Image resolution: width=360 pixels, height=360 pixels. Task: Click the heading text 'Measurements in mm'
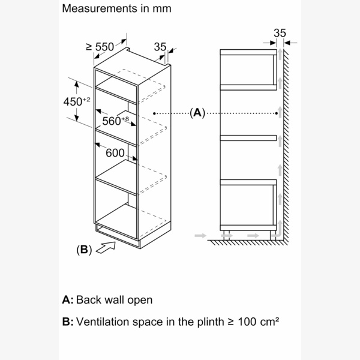point(116,9)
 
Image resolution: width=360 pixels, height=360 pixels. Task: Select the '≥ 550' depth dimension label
point(100,46)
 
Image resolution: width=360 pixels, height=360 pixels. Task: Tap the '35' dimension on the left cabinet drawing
point(160,46)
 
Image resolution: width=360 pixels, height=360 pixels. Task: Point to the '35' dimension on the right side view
point(280,34)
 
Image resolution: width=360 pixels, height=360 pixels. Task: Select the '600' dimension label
point(115,153)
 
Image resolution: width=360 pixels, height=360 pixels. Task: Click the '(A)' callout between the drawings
point(197,112)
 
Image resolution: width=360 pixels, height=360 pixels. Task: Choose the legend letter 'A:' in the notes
point(68,299)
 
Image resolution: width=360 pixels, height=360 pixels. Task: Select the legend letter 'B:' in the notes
point(68,322)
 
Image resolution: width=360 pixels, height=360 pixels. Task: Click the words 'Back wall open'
point(115,299)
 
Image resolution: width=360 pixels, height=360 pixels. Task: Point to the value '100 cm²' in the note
point(259,322)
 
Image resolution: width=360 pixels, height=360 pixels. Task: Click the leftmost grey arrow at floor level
point(199,236)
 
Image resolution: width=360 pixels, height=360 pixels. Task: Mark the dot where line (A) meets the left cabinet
point(155,112)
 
